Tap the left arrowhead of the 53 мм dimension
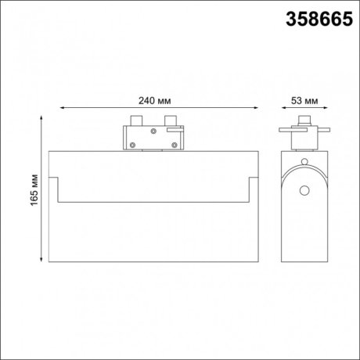(283, 110)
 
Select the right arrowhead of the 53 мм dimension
(322, 110)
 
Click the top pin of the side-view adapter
(302, 121)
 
